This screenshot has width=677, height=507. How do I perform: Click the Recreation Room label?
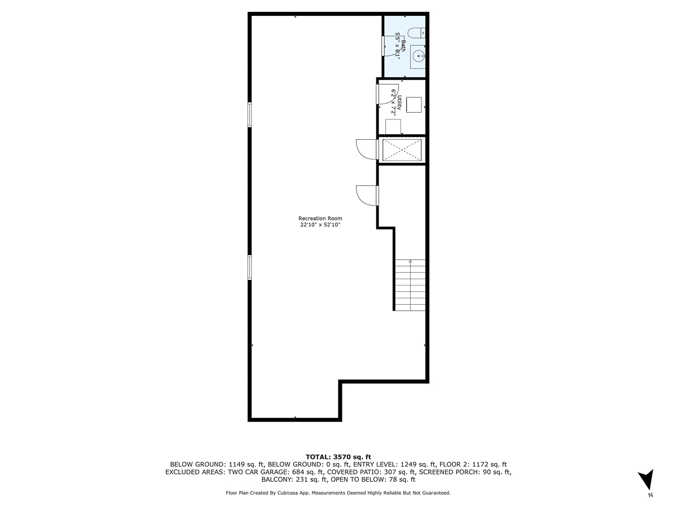click(320, 219)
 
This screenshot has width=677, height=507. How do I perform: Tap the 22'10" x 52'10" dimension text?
click(320, 225)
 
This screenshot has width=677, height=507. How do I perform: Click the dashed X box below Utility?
click(402, 150)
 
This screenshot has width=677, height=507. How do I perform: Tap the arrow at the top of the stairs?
click(410, 261)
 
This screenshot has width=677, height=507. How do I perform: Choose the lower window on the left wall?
click(249, 267)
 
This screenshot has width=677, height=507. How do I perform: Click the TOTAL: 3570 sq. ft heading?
click(338, 456)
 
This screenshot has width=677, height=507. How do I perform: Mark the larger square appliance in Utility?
click(415, 105)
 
